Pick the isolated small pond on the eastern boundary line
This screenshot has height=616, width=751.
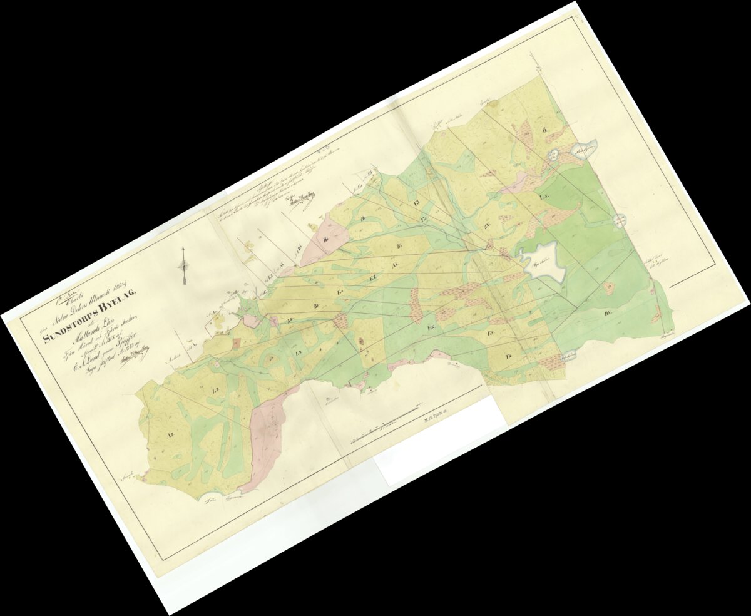coord(619,220)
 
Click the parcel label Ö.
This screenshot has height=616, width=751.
coord(545,130)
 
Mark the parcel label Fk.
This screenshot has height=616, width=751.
coord(431,327)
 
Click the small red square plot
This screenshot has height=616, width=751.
coord(236,342)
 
